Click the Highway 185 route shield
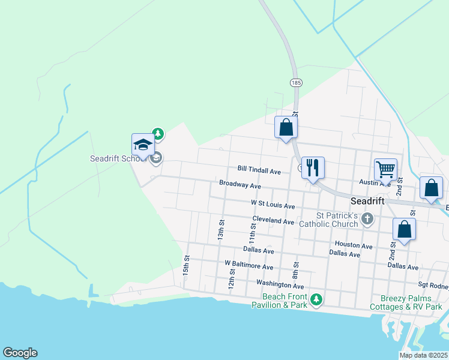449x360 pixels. point(295,82)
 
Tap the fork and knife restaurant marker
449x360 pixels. point(312,167)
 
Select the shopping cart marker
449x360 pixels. point(385,169)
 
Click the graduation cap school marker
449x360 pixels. point(143,145)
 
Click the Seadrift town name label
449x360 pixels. point(367,202)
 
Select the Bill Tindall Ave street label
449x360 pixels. point(259,171)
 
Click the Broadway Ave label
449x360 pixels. point(240,185)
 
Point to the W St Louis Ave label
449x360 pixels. point(273,206)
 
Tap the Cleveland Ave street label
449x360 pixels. point(273,221)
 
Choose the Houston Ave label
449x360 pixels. point(354,245)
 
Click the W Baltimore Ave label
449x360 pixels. point(249,265)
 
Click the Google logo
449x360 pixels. point(20,353)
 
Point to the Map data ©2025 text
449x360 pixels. point(423,355)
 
